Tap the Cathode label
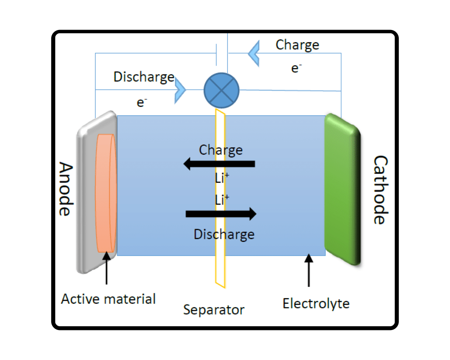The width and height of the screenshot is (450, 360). [381, 190]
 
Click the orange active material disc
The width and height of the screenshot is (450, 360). [105, 193]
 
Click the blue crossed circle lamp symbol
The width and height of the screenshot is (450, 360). [222, 90]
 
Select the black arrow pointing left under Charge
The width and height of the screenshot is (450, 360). [219, 164]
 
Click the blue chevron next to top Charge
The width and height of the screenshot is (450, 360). [254, 53]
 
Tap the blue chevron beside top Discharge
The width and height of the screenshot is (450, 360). [180, 90]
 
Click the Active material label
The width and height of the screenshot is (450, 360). [108, 299]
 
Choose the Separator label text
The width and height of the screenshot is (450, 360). [214, 310]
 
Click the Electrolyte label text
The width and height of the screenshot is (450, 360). [316, 304]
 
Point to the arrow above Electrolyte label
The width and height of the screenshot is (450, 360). [308, 270]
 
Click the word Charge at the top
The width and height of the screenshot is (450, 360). [297, 45]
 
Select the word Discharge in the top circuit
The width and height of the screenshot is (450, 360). [144, 77]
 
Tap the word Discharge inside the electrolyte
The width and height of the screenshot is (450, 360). [224, 234]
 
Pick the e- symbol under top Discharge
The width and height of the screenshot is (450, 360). [142, 103]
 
